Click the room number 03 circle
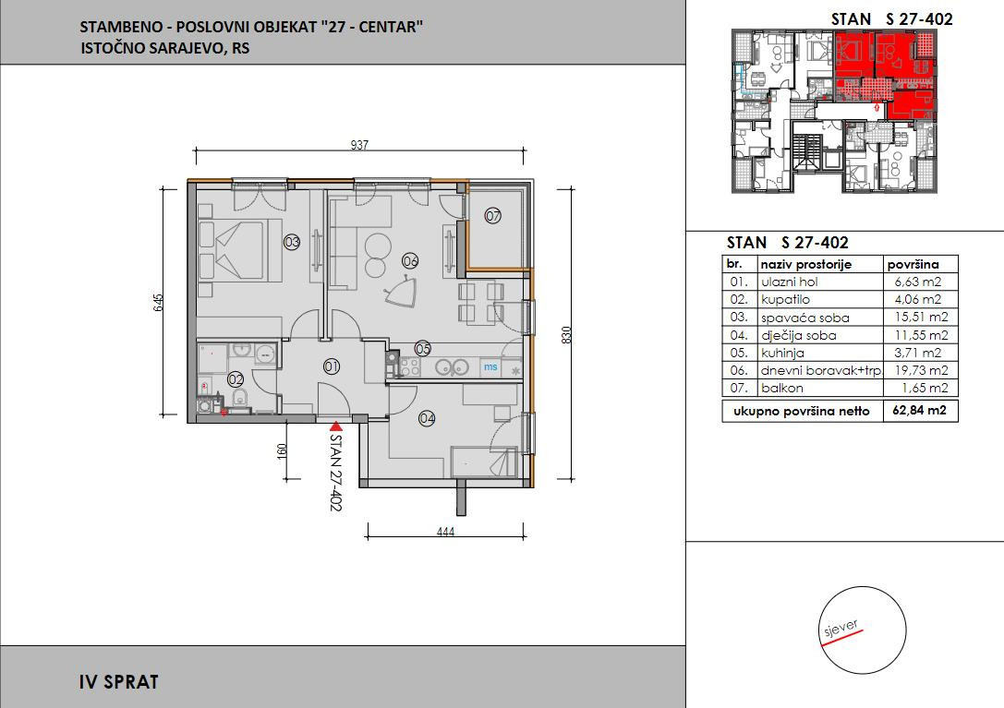tap(292, 242)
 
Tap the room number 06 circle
tap(410, 260)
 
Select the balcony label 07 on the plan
tap(492, 216)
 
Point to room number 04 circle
tap(427, 418)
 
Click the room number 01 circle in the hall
tap(332, 366)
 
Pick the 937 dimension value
tap(360, 145)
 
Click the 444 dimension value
tap(445, 532)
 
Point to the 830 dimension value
tap(565, 335)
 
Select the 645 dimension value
tap(158, 302)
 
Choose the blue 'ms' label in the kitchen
tap(490, 366)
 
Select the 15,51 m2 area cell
tap(920, 317)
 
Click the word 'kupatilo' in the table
tap(785, 300)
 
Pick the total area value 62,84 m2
tap(919, 411)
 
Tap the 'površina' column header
tap(913, 264)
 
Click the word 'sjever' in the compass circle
tap(841, 628)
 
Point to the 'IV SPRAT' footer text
tap(119, 682)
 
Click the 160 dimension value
tap(282, 450)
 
